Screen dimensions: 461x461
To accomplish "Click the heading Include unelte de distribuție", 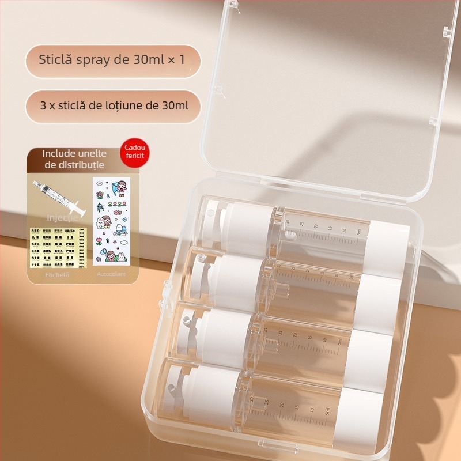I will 74,160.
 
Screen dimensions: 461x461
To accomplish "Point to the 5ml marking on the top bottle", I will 358,232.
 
